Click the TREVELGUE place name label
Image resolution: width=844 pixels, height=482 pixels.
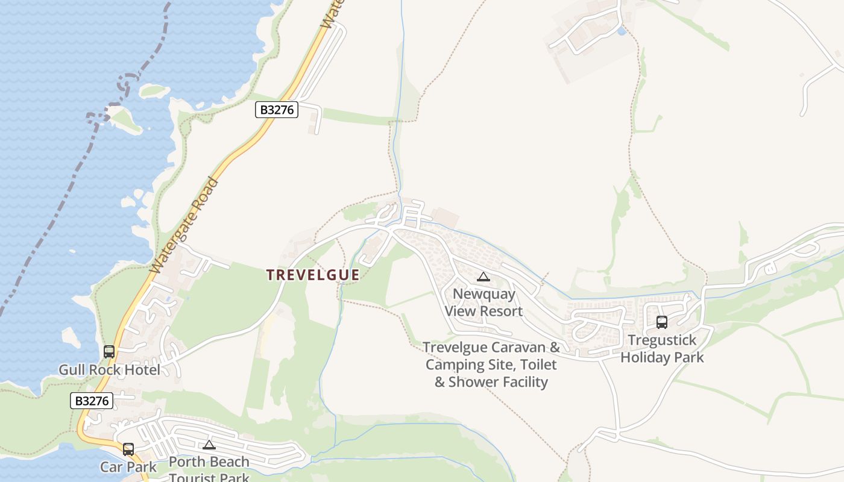pos(313,275)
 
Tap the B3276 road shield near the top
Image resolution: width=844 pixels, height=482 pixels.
pos(277,110)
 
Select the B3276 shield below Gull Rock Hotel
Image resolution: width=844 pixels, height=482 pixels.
pos(92,401)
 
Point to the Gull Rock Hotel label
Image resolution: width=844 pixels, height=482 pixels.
pos(109,369)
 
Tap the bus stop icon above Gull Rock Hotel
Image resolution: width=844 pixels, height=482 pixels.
pos(109,351)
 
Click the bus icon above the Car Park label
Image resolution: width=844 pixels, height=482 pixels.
pos(128,449)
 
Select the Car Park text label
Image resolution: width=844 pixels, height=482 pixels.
pos(128,467)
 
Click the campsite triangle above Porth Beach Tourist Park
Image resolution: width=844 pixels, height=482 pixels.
pos(209,445)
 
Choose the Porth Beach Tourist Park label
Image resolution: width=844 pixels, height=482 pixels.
pos(209,469)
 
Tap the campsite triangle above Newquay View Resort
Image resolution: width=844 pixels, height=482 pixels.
pos(483,277)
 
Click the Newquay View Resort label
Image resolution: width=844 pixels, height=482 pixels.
pos(483,302)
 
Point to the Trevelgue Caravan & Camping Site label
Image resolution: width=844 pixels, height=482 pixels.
pos(491,365)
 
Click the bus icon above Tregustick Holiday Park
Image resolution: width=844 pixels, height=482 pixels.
pos(662,322)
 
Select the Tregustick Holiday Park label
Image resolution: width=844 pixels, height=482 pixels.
pos(662,349)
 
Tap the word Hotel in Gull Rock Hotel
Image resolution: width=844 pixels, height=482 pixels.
pos(143,369)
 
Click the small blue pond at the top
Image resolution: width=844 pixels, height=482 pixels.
pos(621,30)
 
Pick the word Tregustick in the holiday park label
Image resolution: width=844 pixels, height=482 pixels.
pos(662,340)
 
